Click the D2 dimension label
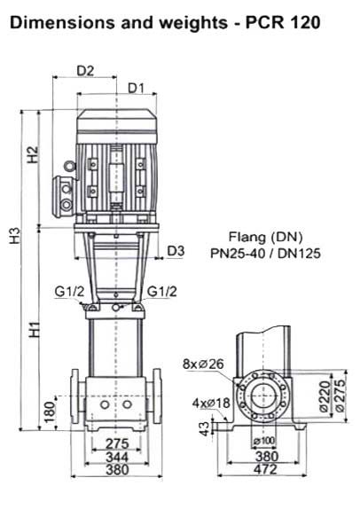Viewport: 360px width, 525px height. tap(85, 71)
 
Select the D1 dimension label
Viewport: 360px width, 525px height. tap(137, 88)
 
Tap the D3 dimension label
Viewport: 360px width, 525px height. tap(176, 251)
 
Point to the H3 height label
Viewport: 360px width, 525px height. tap(15, 235)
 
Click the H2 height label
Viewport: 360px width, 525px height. tap(34, 154)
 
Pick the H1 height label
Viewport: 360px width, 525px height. tap(35, 330)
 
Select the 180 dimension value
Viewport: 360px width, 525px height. tap(49, 411)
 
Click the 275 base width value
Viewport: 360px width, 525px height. tap(117, 443)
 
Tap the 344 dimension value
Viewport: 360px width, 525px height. tap(117, 457)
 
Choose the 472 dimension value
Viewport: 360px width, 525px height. tap(265, 469)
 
